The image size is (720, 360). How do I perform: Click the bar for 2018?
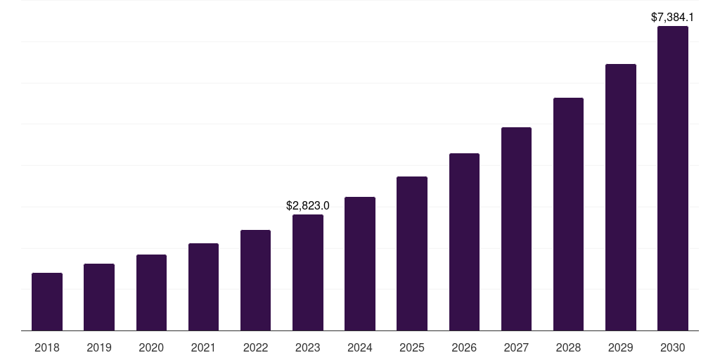(47, 302)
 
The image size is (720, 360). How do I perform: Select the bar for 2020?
(151, 292)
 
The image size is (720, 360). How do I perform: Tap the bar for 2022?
(255, 280)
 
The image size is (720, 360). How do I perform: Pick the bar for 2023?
(308, 272)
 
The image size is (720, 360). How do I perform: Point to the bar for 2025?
(412, 253)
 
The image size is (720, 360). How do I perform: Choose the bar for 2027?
(516, 229)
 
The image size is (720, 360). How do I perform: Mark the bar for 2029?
(620, 197)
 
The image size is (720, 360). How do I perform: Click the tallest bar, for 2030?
(673, 179)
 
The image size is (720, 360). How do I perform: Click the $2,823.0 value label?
(308, 206)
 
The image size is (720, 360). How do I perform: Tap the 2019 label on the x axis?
(99, 347)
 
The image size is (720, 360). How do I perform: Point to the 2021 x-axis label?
(203, 347)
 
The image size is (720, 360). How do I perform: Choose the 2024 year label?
(360, 347)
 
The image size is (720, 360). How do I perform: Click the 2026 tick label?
(464, 347)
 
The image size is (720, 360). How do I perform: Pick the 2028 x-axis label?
(568, 347)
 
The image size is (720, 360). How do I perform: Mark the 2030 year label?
(673, 347)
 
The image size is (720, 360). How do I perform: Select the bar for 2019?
(99, 297)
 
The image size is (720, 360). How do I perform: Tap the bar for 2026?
(464, 242)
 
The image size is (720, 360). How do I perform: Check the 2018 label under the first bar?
(47, 347)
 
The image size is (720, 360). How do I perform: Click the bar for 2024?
(360, 264)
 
